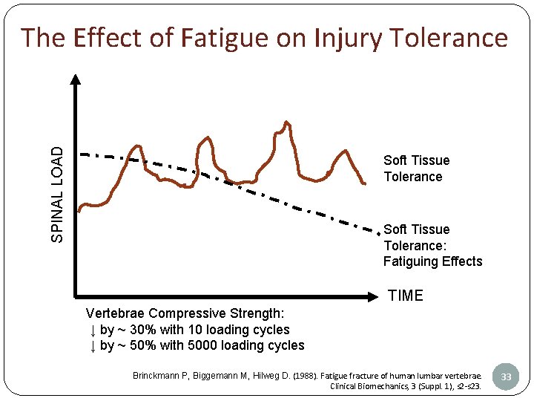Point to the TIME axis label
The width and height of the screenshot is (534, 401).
coord(406,296)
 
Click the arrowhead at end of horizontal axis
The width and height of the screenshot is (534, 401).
coord(375,297)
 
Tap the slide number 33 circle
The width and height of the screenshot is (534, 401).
coord(506,376)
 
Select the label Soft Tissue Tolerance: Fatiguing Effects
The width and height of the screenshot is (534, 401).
coord(432,245)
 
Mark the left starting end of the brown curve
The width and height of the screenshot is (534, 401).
coord(79,210)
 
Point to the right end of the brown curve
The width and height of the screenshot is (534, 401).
coord(365,183)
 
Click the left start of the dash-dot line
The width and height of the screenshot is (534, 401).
coord(82,154)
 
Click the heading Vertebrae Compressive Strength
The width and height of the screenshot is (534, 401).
coord(185,313)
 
